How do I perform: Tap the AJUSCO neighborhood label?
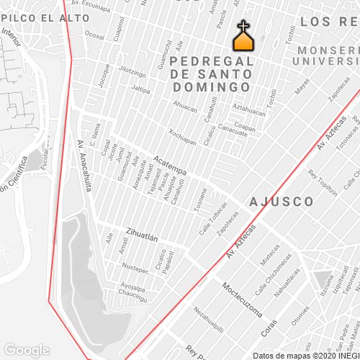click(x=282, y=201)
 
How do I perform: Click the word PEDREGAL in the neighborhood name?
click(x=213, y=61)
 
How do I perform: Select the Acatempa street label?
click(x=170, y=165)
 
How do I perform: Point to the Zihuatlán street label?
click(x=142, y=233)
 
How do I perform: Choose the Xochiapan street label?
click(x=182, y=136)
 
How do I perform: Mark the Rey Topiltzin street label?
click(x=323, y=184)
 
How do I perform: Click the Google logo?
click(x=27, y=350)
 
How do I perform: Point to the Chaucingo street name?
click(x=132, y=294)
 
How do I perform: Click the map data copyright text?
click(x=305, y=355)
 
